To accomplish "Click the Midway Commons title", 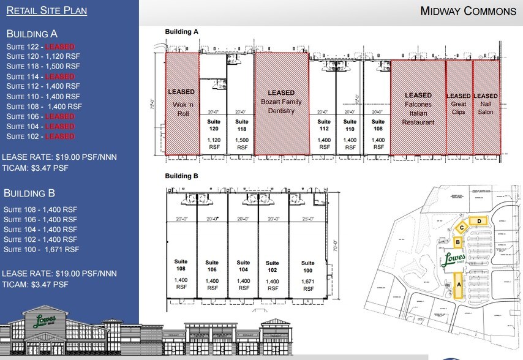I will coord(468,11).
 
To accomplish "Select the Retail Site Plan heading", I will coord(47,10).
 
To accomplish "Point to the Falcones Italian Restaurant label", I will coord(418,109).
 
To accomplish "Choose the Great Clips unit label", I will coord(458,104).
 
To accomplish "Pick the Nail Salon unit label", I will coord(486,104).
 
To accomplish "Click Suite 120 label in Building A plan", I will coord(213,126).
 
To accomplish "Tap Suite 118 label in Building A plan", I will coord(242,126).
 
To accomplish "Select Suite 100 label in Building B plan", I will coord(307,266).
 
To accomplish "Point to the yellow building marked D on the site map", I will coord(477,221).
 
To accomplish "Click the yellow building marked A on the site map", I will coord(458,285).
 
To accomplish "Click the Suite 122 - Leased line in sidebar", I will coord(40,47).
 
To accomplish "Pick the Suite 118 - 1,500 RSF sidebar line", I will coord(43,67).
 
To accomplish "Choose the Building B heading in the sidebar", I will coord(29,193).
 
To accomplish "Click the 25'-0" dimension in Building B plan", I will coord(305,218).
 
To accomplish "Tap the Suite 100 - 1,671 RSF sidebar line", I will coord(42,249).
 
